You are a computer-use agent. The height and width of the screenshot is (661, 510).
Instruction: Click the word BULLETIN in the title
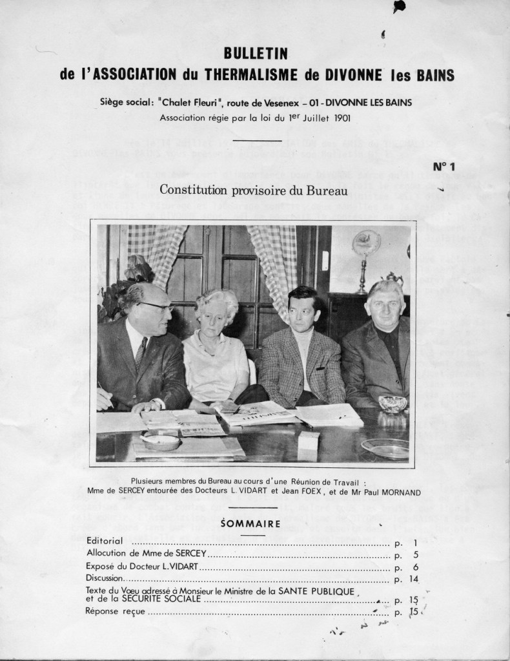click(255, 53)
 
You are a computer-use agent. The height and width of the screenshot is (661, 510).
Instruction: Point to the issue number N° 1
click(444, 167)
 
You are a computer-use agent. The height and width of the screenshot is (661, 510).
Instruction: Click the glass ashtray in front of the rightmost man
click(393, 404)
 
